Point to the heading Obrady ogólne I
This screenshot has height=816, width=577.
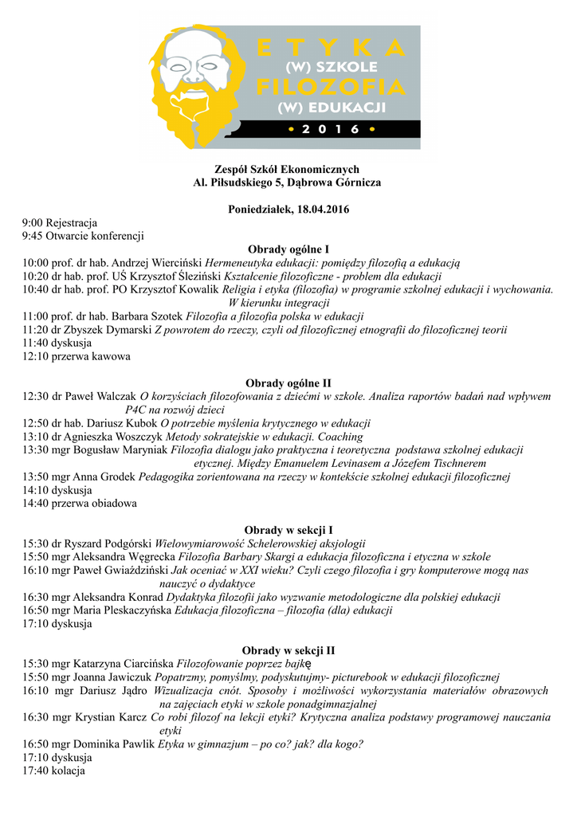click(288, 249)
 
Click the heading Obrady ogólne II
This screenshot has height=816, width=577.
click(288, 382)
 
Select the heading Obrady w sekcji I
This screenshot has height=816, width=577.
click(288, 529)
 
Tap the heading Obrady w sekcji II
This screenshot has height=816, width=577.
click(288, 650)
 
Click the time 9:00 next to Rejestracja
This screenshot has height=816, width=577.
click(33, 222)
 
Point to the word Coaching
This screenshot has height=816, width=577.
click(340, 437)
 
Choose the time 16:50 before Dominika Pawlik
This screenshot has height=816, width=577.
click(35, 743)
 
